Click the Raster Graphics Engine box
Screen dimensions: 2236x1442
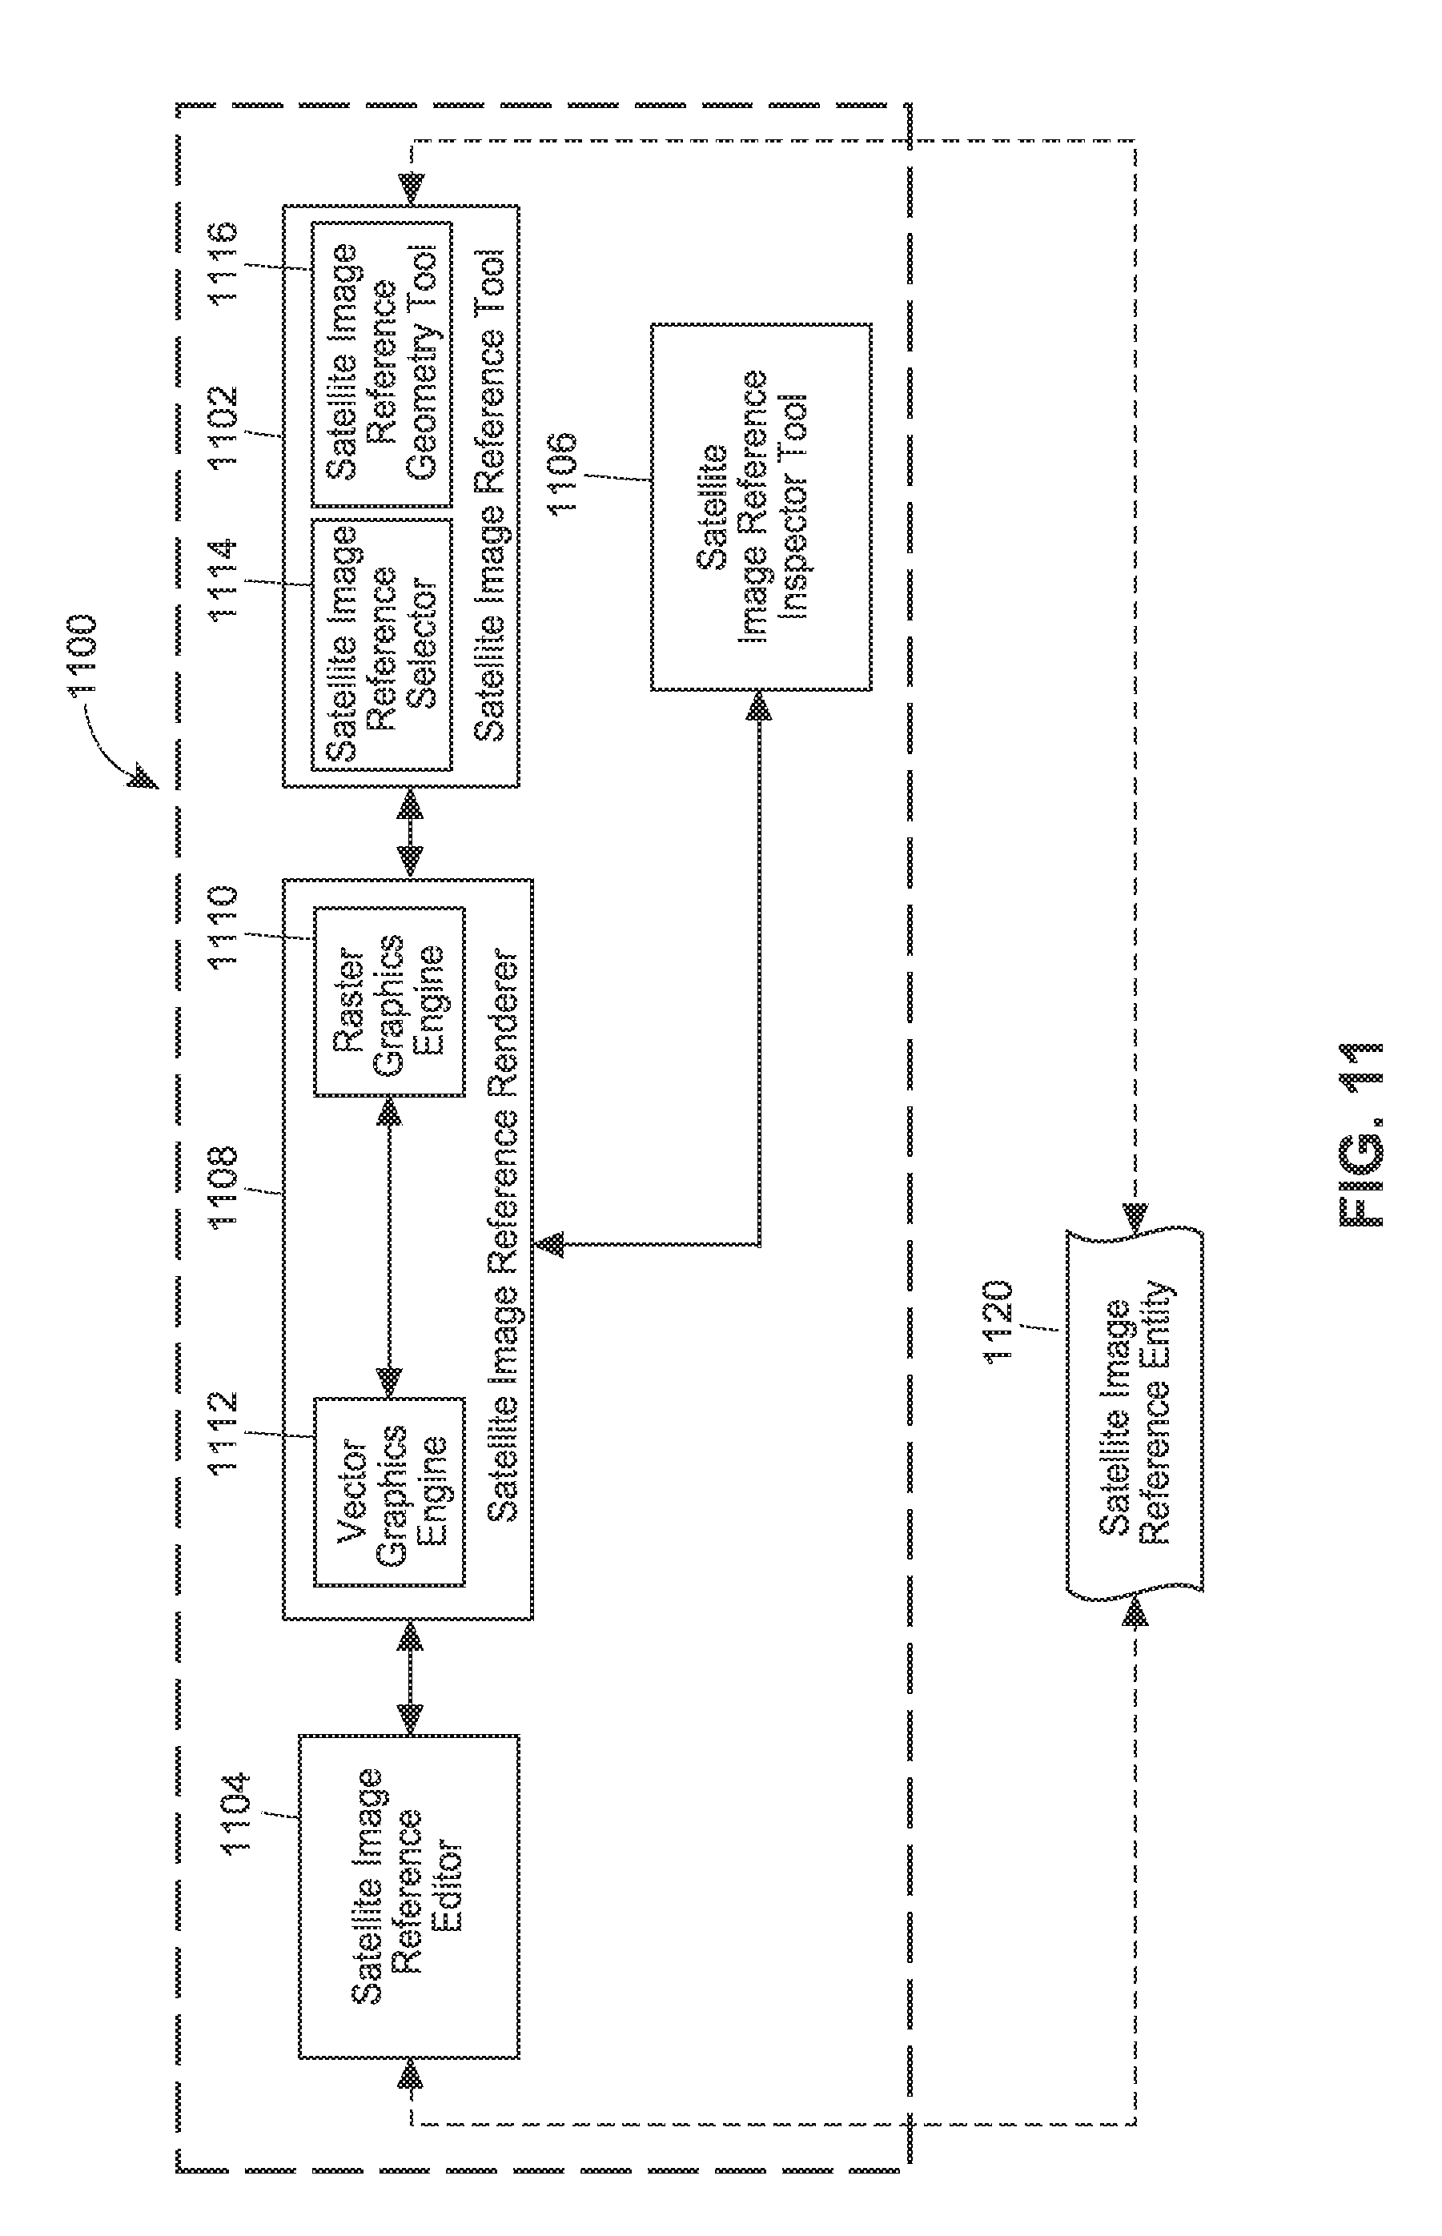click(388, 1002)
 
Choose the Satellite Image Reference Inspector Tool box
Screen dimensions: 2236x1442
click(761, 508)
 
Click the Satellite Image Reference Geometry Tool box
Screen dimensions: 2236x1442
click(381, 361)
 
